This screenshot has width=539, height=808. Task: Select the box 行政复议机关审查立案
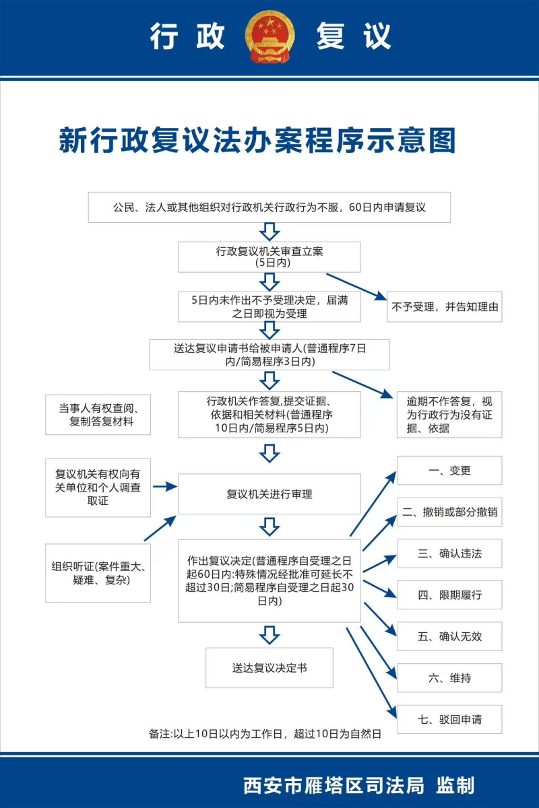[x=269, y=257]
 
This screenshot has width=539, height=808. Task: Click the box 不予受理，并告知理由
[x=444, y=307]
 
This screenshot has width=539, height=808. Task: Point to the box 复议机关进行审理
[x=269, y=494]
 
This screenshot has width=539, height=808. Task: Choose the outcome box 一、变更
[x=449, y=471]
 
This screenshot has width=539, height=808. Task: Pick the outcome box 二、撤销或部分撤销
[x=449, y=512]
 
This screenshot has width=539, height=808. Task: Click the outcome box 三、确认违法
[x=449, y=553]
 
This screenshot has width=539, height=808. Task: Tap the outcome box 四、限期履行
[x=449, y=595]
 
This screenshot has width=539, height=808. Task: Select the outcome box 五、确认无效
[x=449, y=636]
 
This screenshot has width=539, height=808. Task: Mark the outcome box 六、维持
[x=449, y=678]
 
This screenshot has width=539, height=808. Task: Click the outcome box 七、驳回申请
[x=449, y=719]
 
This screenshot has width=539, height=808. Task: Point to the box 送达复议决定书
[x=269, y=668]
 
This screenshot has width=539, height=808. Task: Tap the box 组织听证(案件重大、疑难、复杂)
[x=98, y=572]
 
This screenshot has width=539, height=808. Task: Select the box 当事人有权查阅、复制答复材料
[x=98, y=414]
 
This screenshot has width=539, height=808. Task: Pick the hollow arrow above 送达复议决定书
[x=269, y=634]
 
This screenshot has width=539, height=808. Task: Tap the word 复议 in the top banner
[x=354, y=36]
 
